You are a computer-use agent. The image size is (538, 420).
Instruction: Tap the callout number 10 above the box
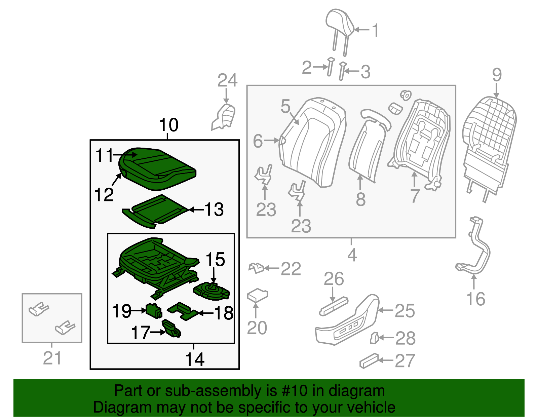tap(168, 125)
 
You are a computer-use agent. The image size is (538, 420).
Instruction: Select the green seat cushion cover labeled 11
tap(158, 166)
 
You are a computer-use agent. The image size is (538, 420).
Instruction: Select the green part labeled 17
tap(171, 329)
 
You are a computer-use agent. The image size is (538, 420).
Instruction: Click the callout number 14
tap(195, 359)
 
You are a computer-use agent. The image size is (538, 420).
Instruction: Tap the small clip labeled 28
tap(374, 338)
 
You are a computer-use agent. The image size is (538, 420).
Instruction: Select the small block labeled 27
tap(369, 361)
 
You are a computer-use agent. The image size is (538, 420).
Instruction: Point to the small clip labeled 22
tap(256, 268)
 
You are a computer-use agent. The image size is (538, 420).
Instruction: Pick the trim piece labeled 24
tap(224, 117)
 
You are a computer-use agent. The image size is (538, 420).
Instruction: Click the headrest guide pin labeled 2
tap(331, 67)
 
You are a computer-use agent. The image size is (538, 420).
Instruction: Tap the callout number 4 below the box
tap(352, 256)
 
